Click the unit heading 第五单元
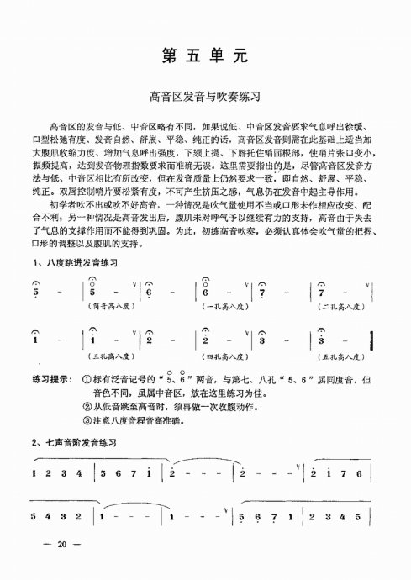click(205, 57)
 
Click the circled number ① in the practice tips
click(87, 379)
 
